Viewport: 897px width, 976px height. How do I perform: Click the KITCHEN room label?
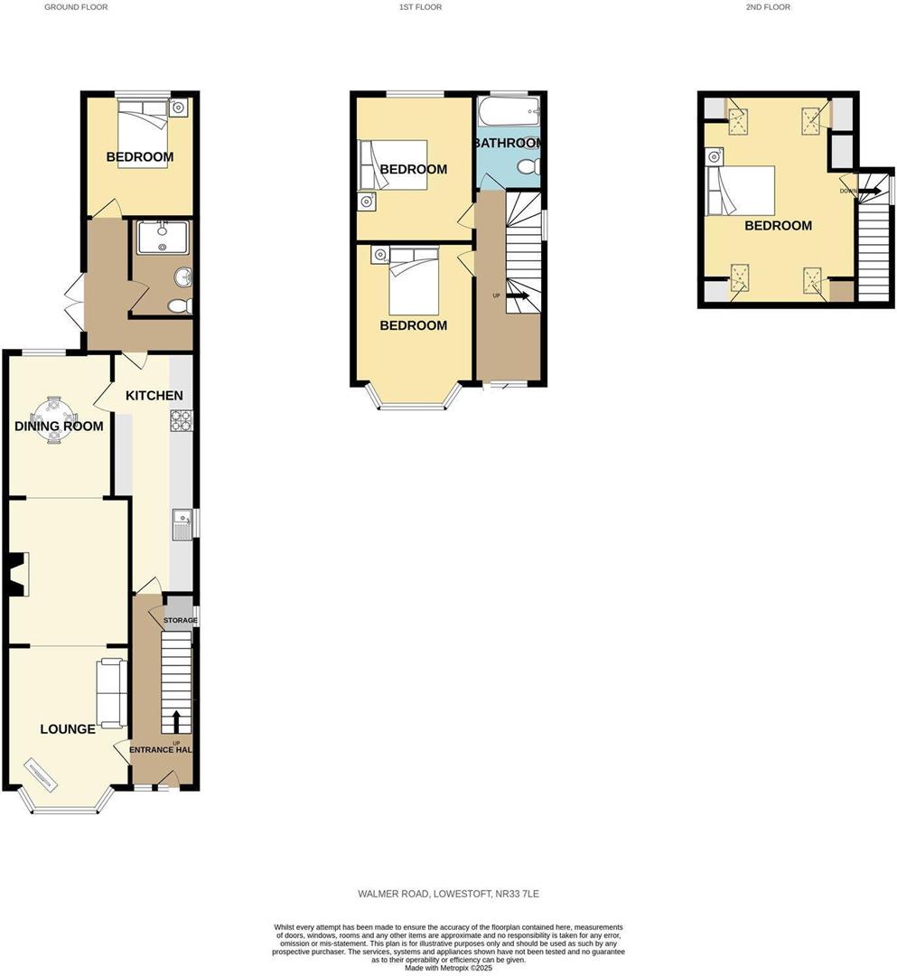point(154,396)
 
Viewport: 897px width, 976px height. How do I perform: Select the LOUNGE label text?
point(68,729)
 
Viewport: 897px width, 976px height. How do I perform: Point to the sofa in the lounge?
point(111,693)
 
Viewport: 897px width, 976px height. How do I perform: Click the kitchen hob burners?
point(182,420)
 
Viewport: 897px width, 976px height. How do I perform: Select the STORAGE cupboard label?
point(180,620)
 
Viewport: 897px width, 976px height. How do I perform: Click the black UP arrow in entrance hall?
point(176,721)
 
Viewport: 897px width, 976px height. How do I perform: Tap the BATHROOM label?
point(509,143)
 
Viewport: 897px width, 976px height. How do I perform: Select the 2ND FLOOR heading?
point(768,7)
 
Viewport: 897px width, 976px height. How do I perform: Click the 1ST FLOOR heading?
point(420,7)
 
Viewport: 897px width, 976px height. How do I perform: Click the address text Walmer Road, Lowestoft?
point(448,894)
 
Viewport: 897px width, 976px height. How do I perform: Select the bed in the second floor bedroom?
point(743,192)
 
